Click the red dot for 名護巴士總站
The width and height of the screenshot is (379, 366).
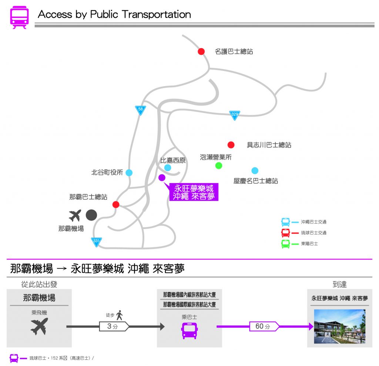[x=201, y=51]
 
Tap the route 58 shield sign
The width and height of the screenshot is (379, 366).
[x=140, y=110]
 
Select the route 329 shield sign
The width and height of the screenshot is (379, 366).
[x=234, y=115]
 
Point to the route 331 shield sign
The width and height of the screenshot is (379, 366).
[x=96, y=242]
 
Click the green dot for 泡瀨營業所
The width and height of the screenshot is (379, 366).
[x=219, y=165]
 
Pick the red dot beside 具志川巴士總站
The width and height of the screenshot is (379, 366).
[x=231, y=145]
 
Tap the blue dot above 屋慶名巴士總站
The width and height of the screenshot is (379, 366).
[x=255, y=171]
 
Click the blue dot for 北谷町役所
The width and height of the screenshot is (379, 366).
[x=129, y=172]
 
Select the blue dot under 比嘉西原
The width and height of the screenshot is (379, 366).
[x=168, y=168]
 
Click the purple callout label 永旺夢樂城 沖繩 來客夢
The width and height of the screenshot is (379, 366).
[x=194, y=192]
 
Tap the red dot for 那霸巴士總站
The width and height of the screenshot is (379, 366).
[x=116, y=204]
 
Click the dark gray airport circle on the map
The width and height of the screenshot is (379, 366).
[x=91, y=215]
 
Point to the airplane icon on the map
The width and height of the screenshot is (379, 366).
[x=75, y=215]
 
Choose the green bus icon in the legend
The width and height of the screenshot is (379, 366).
[x=285, y=244]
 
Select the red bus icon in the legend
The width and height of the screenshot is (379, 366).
[x=285, y=233]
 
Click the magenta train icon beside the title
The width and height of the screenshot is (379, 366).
[x=19, y=17]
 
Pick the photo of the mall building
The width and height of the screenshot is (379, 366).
[x=339, y=326]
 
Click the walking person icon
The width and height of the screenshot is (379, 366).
[x=119, y=315]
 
